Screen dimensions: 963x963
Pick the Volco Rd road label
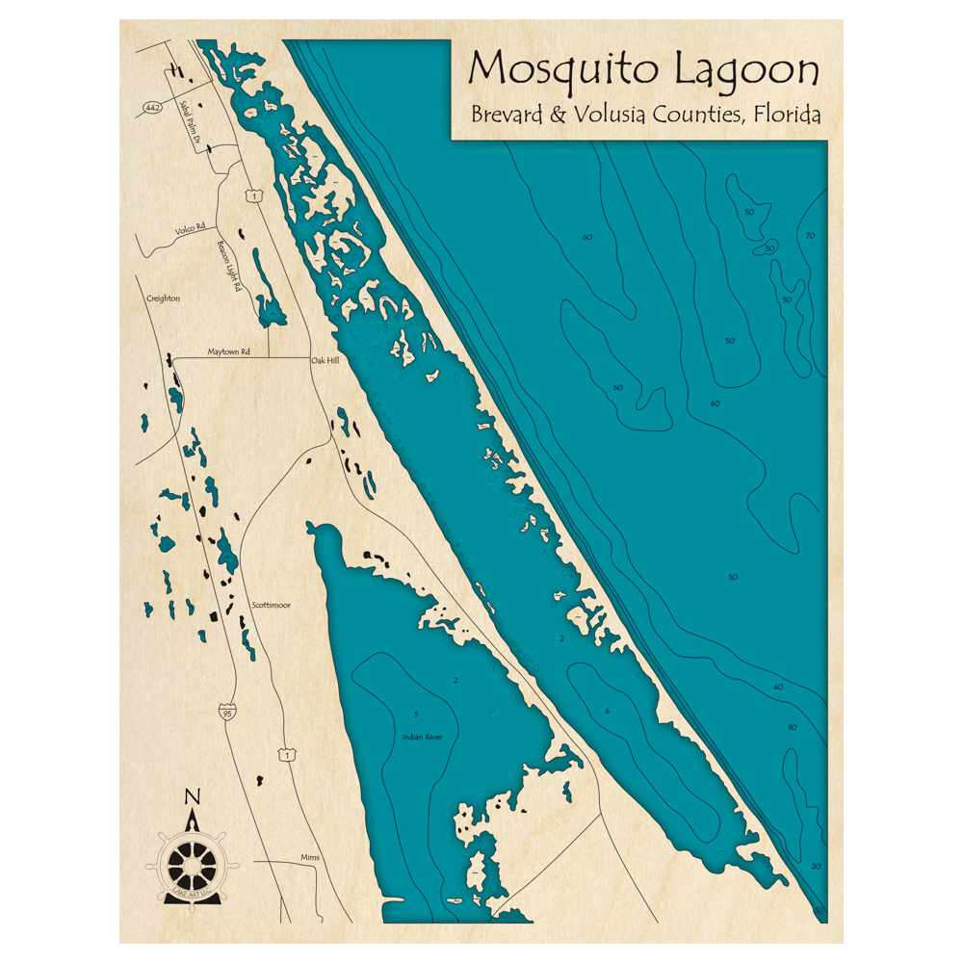(190, 229)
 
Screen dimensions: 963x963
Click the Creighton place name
(163, 299)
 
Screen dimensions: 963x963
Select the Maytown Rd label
(229, 352)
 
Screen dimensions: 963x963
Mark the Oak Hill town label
(325, 362)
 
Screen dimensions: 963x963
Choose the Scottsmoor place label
(271, 605)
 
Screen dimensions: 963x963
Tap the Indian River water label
(422, 738)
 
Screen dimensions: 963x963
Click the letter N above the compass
(193, 796)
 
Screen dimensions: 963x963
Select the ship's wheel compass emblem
(193, 860)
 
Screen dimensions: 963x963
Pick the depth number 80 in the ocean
(587, 236)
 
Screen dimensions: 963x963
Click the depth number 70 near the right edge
(809, 236)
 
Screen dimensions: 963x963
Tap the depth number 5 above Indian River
(415, 714)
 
